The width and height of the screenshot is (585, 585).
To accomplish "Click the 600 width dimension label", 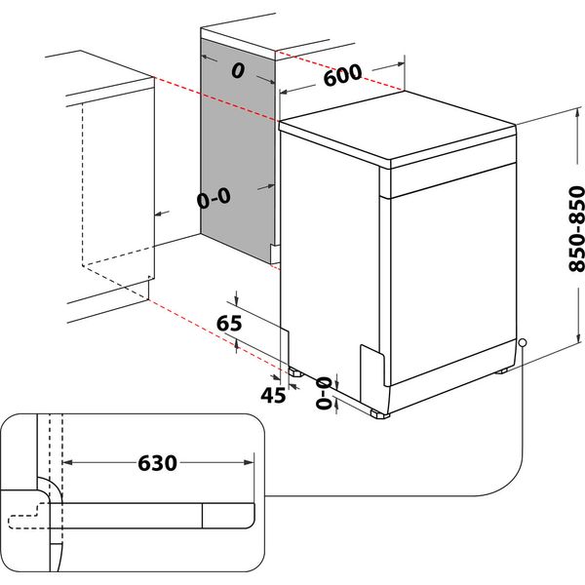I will (x=342, y=75).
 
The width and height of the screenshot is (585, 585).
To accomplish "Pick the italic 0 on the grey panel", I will (x=236, y=71).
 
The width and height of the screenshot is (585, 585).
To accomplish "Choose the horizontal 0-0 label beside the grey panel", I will (x=213, y=199).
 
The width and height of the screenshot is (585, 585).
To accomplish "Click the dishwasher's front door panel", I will (x=450, y=273).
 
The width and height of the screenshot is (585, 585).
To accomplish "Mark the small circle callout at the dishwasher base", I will (x=524, y=343).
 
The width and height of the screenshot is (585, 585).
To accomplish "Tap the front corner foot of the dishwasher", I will (x=380, y=414).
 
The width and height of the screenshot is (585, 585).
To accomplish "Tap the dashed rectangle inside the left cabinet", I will (x=117, y=185).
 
